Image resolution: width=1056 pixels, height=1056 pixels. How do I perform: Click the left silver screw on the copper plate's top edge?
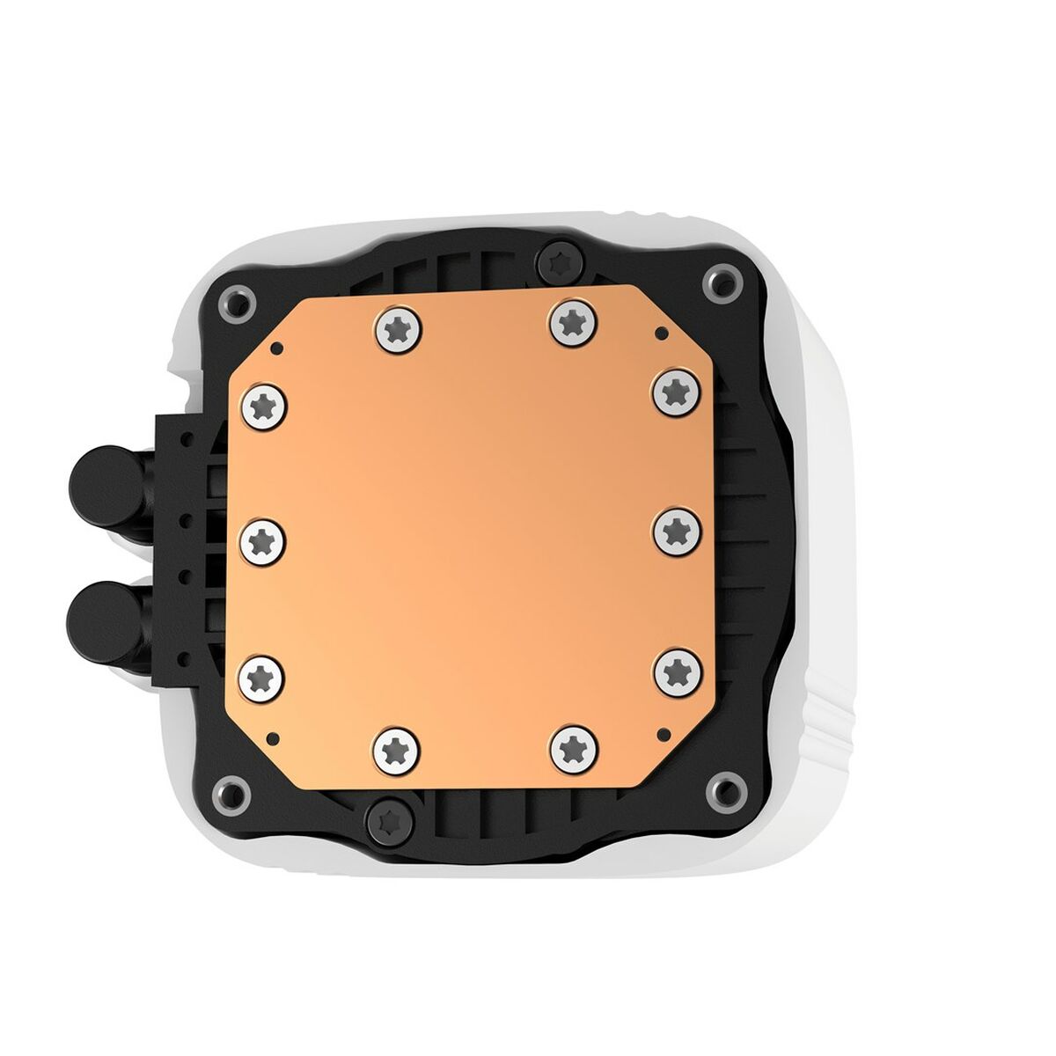399,328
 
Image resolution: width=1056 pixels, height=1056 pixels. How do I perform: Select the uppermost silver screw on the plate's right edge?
676,391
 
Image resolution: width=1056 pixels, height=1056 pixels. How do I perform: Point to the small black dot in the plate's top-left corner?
275,345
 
